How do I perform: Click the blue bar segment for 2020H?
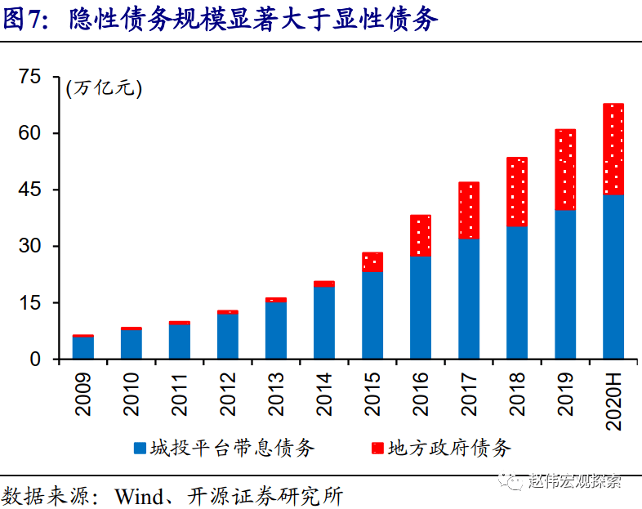click(x=613, y=277)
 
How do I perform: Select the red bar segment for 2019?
click(x=565, y=169)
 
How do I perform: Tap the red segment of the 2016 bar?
click(x=421, y=235)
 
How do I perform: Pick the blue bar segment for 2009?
click(x=83, y=348)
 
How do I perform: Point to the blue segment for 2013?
click(x=276, y=330)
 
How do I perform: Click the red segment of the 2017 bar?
click(x=469, y=211)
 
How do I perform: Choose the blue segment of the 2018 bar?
click(x=517, y=292)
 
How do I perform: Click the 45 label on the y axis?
click(x=29, y=190)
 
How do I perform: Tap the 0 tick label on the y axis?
click(x=35, y=359)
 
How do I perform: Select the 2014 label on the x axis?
click(x=324, y=394)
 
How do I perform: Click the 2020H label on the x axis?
click(x=613, y=401)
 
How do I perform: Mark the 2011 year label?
click(x=180, y=394)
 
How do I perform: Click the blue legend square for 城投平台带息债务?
click(x=140, y=448)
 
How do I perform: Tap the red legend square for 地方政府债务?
click(x=377, y=448)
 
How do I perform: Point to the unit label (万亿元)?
click(x=104, y=88)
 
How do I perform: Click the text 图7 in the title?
click(x=21, y=20)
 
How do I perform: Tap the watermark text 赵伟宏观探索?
click(x=575, y=480)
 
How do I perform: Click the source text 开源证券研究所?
click(x=265, y=496)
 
